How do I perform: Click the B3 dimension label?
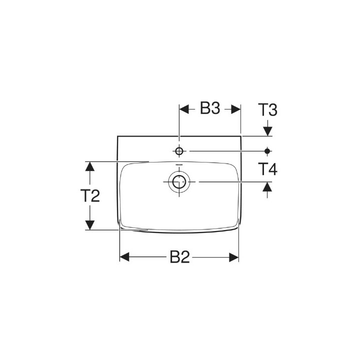pos(210,109)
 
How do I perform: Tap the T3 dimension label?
pos(267,109)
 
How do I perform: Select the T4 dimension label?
pos(267,169)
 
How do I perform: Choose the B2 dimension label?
pos(179,257)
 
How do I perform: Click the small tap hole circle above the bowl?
pos(179,150)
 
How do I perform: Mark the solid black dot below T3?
pos(267,150)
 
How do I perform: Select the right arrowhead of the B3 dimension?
pos(235,109)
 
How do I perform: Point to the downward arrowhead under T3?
pos(267,130)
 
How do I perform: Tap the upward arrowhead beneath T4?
pos(267,187)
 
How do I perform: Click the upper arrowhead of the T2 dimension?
pos(89,166)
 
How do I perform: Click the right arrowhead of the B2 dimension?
pos(233,257)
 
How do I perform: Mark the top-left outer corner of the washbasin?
pos(117,136)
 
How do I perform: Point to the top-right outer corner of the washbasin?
pos(241,136)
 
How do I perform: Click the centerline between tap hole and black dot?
pos(225,150)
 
